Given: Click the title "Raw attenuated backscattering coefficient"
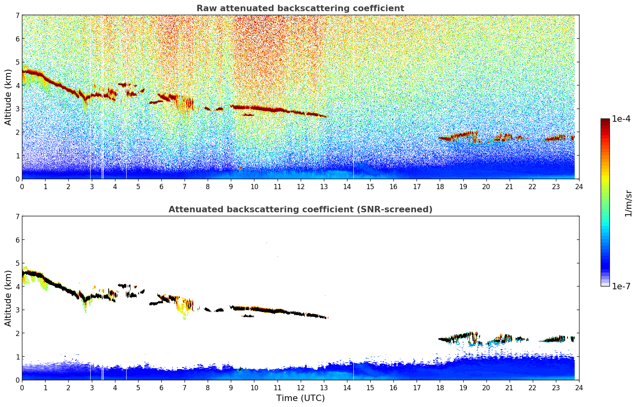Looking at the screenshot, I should pos(300,8).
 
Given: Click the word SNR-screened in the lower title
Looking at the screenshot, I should pos(402,209).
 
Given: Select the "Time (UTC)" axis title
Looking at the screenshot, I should pos(300,398).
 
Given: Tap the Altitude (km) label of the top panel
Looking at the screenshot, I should pos(8,97).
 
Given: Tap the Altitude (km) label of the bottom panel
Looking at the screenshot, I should pos(8,298).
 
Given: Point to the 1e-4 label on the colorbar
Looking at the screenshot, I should pos(621,119).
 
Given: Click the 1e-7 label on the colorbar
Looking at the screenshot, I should pos(621,286).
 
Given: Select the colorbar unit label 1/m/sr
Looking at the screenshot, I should pos(628,203).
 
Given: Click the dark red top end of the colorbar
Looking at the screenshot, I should pos(605,120).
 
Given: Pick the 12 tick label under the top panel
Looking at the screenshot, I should pos(300,186).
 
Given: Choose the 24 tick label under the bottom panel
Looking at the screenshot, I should pos(579,387).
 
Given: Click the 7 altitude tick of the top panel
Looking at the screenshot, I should pos(18,15).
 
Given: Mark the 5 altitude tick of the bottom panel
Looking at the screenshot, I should pos(18,263).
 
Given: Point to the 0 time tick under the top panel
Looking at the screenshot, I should pos(22,186).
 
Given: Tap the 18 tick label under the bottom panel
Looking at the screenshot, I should pos(440,387).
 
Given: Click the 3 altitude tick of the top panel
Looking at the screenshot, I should pos(18,109).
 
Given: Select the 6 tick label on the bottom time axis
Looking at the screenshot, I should pos(161,387).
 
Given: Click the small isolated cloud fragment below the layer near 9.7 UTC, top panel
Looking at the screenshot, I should pos(248,115).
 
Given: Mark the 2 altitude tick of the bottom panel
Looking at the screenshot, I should pos(18,333).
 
